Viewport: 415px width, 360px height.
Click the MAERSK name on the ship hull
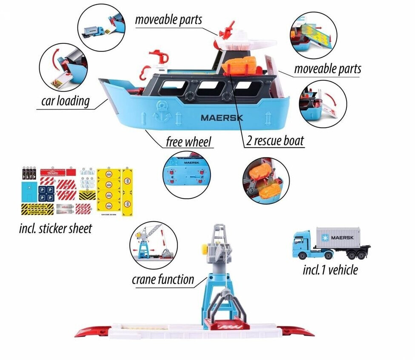(x=222, y=117)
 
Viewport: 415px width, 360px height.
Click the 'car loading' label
(x=65, y=101)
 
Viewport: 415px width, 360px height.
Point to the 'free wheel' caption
(x=189, y=141)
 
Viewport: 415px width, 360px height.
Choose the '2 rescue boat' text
(x=276, y=141)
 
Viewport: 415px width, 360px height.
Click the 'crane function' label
(x=163, y=280)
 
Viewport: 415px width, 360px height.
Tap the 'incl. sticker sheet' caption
(x=56, y=229)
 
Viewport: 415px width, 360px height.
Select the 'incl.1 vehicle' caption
(x=330, y=269)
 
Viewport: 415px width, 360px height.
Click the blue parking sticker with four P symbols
(x=47, y=193)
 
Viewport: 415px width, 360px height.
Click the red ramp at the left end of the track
(x=92, y=331)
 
